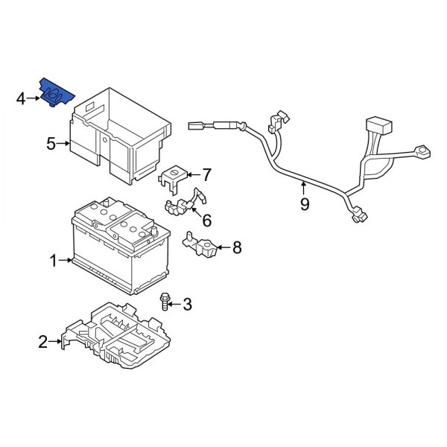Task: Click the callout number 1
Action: click(54, 261)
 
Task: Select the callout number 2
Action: click(43, 342)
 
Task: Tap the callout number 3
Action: click(187, 304)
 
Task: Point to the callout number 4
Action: click(22, 98)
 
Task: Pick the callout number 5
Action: click(51, 144)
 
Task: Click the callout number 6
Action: click(206, 221)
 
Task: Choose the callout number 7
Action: click(206, 176)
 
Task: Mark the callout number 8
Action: click(237, 247)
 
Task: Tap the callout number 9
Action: click(304, 204)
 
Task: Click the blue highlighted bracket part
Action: click(56, 93)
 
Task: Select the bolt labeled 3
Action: click(164, 301)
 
